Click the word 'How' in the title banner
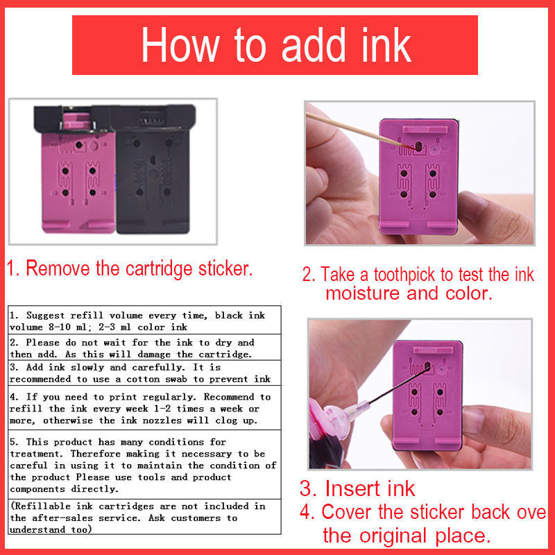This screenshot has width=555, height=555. click(180, 45)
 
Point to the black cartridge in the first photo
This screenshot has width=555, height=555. click(153, 169)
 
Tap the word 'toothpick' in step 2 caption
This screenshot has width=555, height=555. click(404, 275)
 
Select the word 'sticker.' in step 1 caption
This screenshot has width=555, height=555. click(225, 268)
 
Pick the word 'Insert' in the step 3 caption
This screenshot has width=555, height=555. click(353, 488)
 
